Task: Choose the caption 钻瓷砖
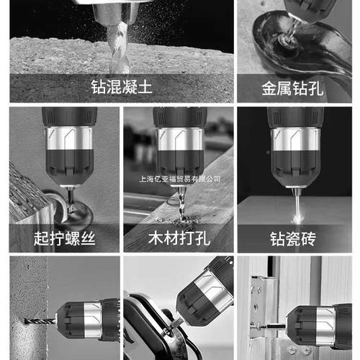(292, 238)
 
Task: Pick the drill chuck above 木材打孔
(180, 151)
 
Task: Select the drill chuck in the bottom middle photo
(197, 302)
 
